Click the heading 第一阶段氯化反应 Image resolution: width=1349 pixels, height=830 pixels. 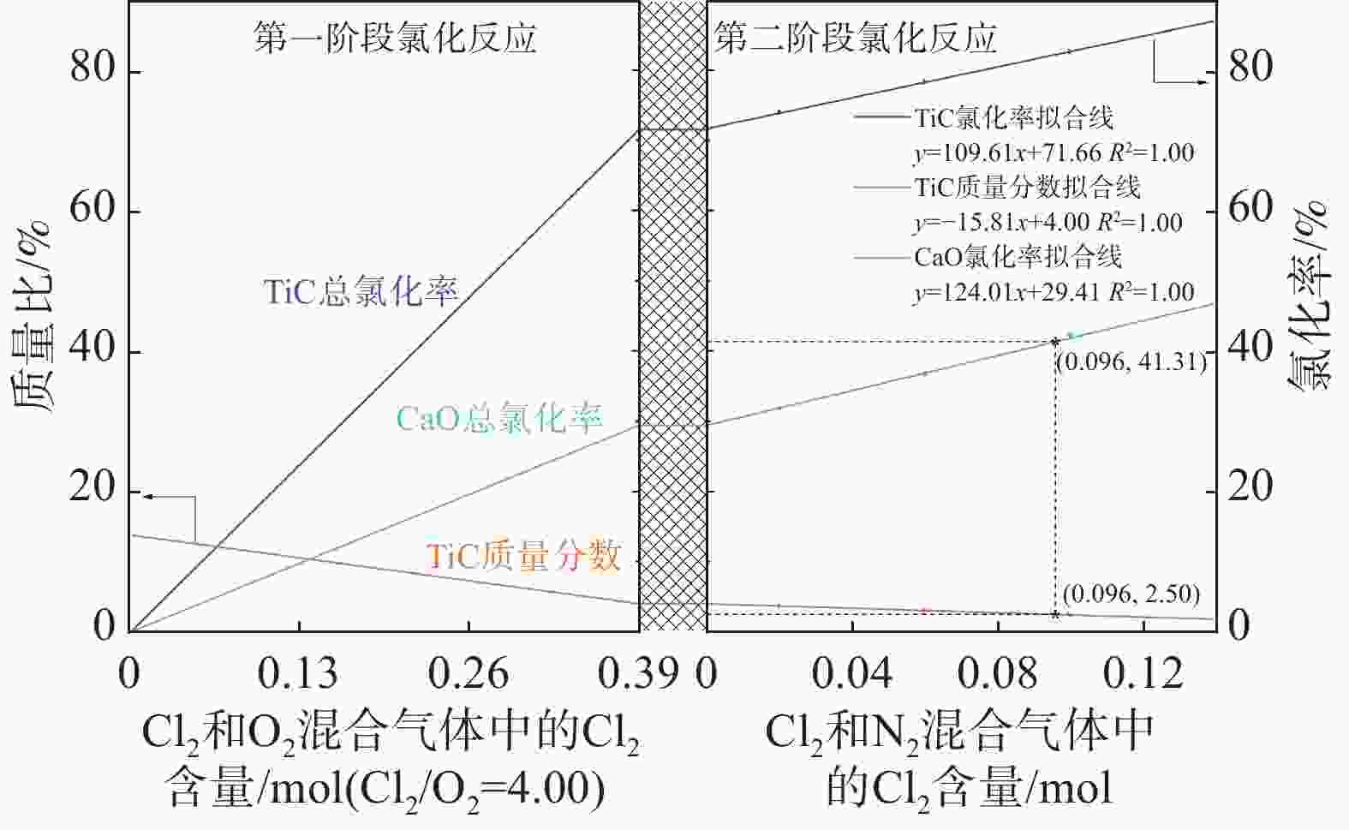click(x=395, y=39)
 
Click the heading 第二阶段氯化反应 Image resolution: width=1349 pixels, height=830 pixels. click(x=856, y=39)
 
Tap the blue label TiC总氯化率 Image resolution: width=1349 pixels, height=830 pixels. click(x=361, y=293)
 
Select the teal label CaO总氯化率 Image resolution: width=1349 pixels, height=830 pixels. click(x=499, y=419)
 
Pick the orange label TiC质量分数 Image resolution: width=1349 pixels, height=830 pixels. click(x=523, y=557)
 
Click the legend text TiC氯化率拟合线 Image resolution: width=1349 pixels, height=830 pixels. click(x=1013, y=117)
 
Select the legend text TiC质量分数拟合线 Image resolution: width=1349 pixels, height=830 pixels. click(x=1027, y=187)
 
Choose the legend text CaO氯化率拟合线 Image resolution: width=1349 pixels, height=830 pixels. click(x=1018, y=256)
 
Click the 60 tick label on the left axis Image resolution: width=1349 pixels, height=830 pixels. click(x=93, y=209)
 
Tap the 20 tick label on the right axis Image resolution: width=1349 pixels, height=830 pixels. click(x=1251, y=487)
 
